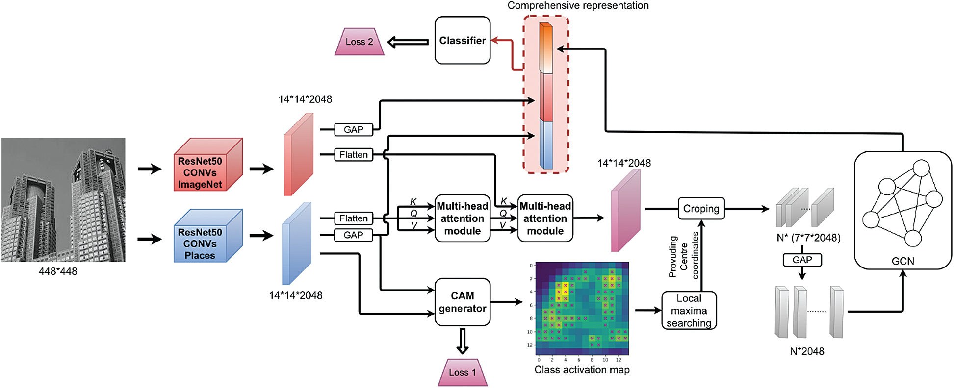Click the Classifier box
[462, 40]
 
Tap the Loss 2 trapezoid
[359, 42]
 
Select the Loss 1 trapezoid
[462, 372]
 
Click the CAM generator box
[462, 302]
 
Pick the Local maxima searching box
[689, 311]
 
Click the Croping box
[701, 209]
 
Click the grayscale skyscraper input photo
[63, 199]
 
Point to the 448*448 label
[58, 271]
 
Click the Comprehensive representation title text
[577, 5]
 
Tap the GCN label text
[902, 261]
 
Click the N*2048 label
[807, 351]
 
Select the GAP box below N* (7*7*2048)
[802, 260]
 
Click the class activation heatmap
[582, 308]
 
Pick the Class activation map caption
[582, 370]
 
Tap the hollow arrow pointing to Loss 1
[462, 341]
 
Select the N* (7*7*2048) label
[808, 238]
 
